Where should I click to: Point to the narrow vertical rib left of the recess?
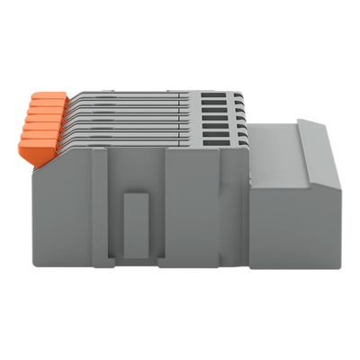(100, 207)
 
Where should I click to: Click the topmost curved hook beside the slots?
(236, 95)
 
